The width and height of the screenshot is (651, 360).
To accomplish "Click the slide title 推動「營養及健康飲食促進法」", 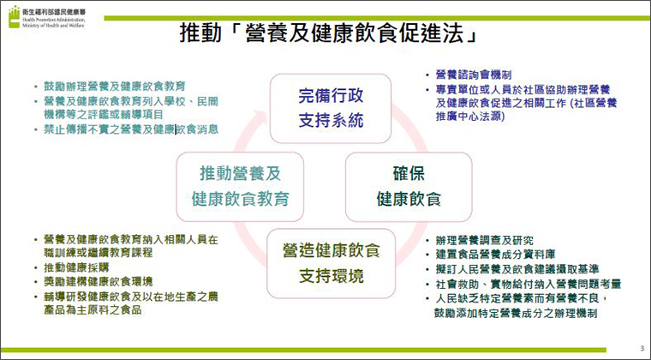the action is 329,33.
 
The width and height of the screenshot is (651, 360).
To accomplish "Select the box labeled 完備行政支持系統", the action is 331,108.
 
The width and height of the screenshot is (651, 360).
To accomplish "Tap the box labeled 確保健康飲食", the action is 409,187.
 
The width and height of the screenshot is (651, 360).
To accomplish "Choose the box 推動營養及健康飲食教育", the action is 240,187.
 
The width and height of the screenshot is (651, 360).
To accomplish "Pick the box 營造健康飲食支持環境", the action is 331,263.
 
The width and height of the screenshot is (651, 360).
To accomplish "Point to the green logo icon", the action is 14,17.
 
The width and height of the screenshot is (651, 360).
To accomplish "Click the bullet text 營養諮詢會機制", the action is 474,75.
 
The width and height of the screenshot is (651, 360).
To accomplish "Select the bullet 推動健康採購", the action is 76,267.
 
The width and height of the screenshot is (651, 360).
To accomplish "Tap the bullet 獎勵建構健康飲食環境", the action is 99,281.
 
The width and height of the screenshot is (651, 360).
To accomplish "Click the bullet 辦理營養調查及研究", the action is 485,240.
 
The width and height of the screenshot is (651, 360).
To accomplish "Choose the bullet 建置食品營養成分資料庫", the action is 495,255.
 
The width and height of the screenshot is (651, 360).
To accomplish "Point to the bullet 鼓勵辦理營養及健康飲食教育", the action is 115,87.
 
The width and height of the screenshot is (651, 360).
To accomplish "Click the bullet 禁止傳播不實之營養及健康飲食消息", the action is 131,129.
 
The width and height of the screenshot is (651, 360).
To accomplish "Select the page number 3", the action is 642,348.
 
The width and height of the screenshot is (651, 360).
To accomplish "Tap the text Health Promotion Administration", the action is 54,20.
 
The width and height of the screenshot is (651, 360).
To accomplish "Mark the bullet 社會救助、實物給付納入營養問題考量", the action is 529,284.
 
